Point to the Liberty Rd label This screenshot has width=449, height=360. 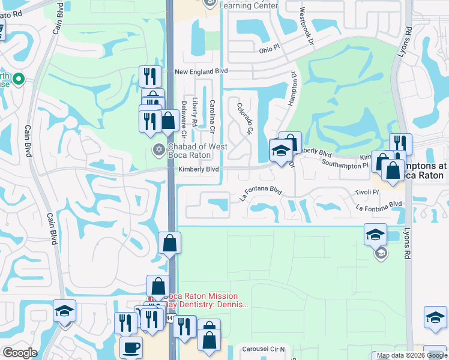click(x=194, y=112)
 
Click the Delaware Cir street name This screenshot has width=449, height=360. click(x=184, y=118)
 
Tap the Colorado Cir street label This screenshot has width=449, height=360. click(x=246, y=118)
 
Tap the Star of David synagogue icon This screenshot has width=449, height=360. click(x=158, y=149)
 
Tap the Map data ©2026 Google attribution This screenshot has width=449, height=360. click(x=412, y=356)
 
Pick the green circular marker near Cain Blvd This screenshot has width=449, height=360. click(x=19, y=79)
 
